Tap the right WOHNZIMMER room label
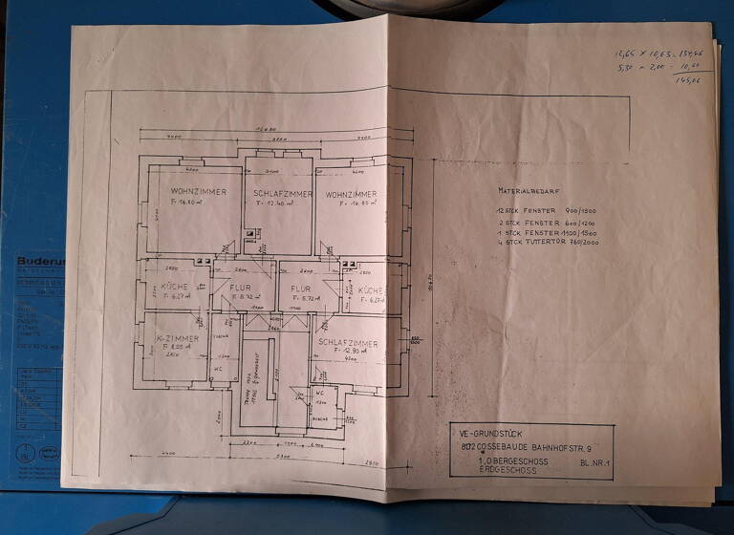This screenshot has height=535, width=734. [x=349, y=193]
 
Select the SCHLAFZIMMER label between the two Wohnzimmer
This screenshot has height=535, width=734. [x=281, y=193]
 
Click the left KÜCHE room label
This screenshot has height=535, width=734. [x=175, y=287]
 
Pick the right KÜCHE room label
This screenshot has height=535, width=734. [x=371, y=289]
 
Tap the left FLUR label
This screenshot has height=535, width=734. [x=240, y=287]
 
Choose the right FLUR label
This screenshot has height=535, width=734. [x=301, y=288]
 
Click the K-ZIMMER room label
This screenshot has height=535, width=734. [x=178, y=338]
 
